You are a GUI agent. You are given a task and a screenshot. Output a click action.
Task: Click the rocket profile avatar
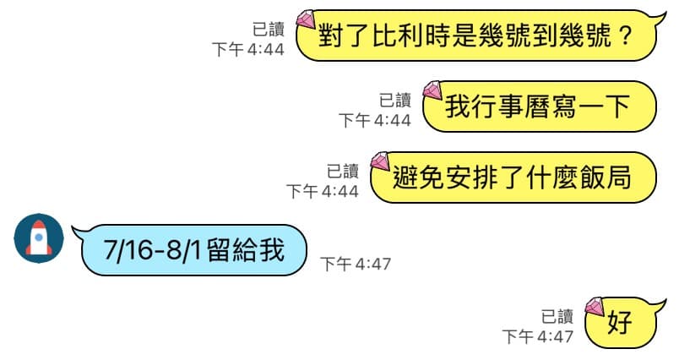point(39,238)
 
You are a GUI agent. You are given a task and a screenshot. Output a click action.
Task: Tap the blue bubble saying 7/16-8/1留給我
point(191,250)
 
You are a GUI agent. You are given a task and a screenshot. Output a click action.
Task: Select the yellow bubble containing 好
point(623,322)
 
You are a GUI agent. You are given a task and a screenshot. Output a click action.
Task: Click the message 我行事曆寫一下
point(539,106)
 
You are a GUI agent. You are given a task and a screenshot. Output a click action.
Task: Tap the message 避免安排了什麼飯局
point(513,177)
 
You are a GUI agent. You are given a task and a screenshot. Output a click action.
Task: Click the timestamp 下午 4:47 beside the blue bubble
point(356,264)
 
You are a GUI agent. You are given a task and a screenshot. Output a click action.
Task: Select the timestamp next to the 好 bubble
point(538,336)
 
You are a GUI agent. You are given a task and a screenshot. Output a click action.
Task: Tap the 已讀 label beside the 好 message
point(557,316)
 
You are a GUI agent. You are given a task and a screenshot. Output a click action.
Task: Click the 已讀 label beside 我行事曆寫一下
point(395,100)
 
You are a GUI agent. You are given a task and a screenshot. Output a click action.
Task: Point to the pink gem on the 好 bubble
point(595,306)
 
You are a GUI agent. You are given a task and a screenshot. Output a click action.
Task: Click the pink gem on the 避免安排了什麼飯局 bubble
point(380,161)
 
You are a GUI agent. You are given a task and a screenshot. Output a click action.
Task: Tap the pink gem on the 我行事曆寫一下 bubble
point(432,90)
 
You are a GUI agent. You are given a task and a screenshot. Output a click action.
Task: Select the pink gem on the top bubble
point(306,19)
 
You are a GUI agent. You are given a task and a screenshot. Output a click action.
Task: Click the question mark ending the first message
point(626,35)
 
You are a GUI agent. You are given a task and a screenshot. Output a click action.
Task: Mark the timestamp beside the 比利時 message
point(248,49)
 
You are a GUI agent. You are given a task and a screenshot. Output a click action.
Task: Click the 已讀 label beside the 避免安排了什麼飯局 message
point(343,171)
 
